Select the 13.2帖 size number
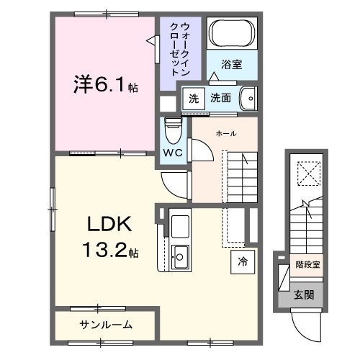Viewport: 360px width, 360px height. click(x=109, y=251)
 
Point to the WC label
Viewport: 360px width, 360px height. click(x=171, y=153)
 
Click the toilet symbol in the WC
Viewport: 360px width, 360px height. click(x=171, y=130)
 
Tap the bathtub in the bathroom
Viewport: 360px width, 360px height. click(x=230, y=34)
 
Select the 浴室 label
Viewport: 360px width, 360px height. click(x=230, y=64)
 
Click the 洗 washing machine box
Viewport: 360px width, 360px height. click(x=193, y=97)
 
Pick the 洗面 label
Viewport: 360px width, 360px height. click(x=221, y=97)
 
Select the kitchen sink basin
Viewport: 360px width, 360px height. click(x=180, y=254)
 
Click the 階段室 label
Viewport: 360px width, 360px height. click(x=307, y=264)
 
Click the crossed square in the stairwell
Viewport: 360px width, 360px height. click(x=307, y=172)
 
